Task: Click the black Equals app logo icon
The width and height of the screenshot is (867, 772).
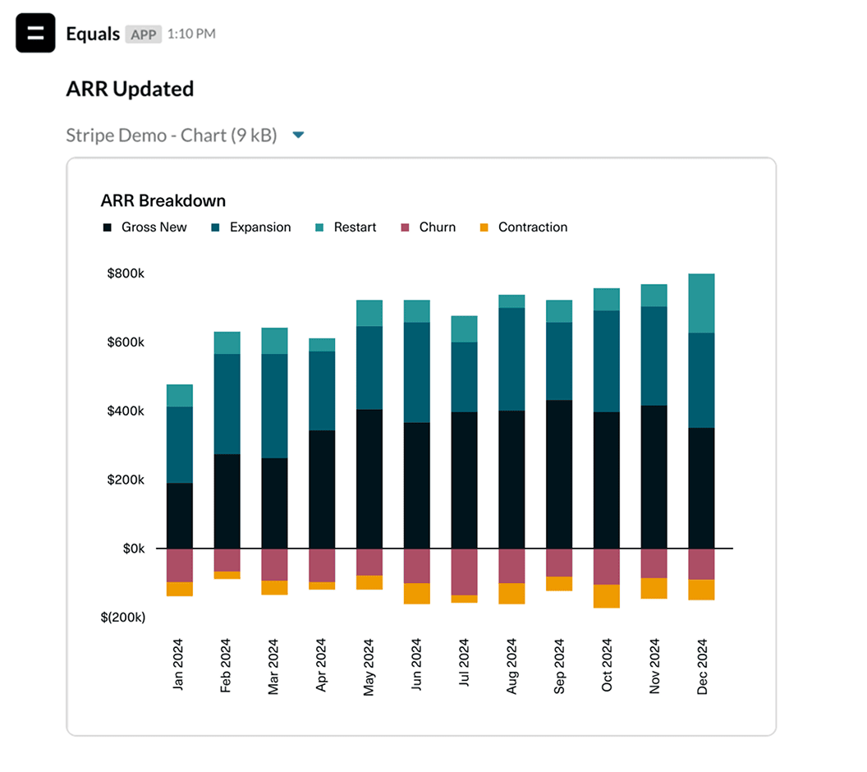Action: point(35,34)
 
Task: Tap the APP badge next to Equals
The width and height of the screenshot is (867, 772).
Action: point(143,34)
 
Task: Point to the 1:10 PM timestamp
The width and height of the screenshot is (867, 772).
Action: point(191,34)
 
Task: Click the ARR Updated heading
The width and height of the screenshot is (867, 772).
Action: point(130,89)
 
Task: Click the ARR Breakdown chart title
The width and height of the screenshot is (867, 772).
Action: point(163,200)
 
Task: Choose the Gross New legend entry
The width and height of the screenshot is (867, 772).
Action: point(144,227)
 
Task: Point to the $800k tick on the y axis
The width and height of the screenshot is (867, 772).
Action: point(126,273)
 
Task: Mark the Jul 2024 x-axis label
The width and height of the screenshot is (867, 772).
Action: point(465,667)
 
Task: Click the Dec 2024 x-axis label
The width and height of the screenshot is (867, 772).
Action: point(702,667)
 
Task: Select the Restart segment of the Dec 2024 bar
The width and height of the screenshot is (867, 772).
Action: point(701,303)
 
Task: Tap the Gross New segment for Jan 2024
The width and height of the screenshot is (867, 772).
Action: point(179,516)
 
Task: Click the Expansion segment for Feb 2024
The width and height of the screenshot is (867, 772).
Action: point(227,404)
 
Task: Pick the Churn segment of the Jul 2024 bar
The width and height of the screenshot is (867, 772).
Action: point(464,572)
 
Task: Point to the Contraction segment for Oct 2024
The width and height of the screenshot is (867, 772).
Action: point(607,595)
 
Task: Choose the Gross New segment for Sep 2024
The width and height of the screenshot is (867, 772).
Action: point(559,474)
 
